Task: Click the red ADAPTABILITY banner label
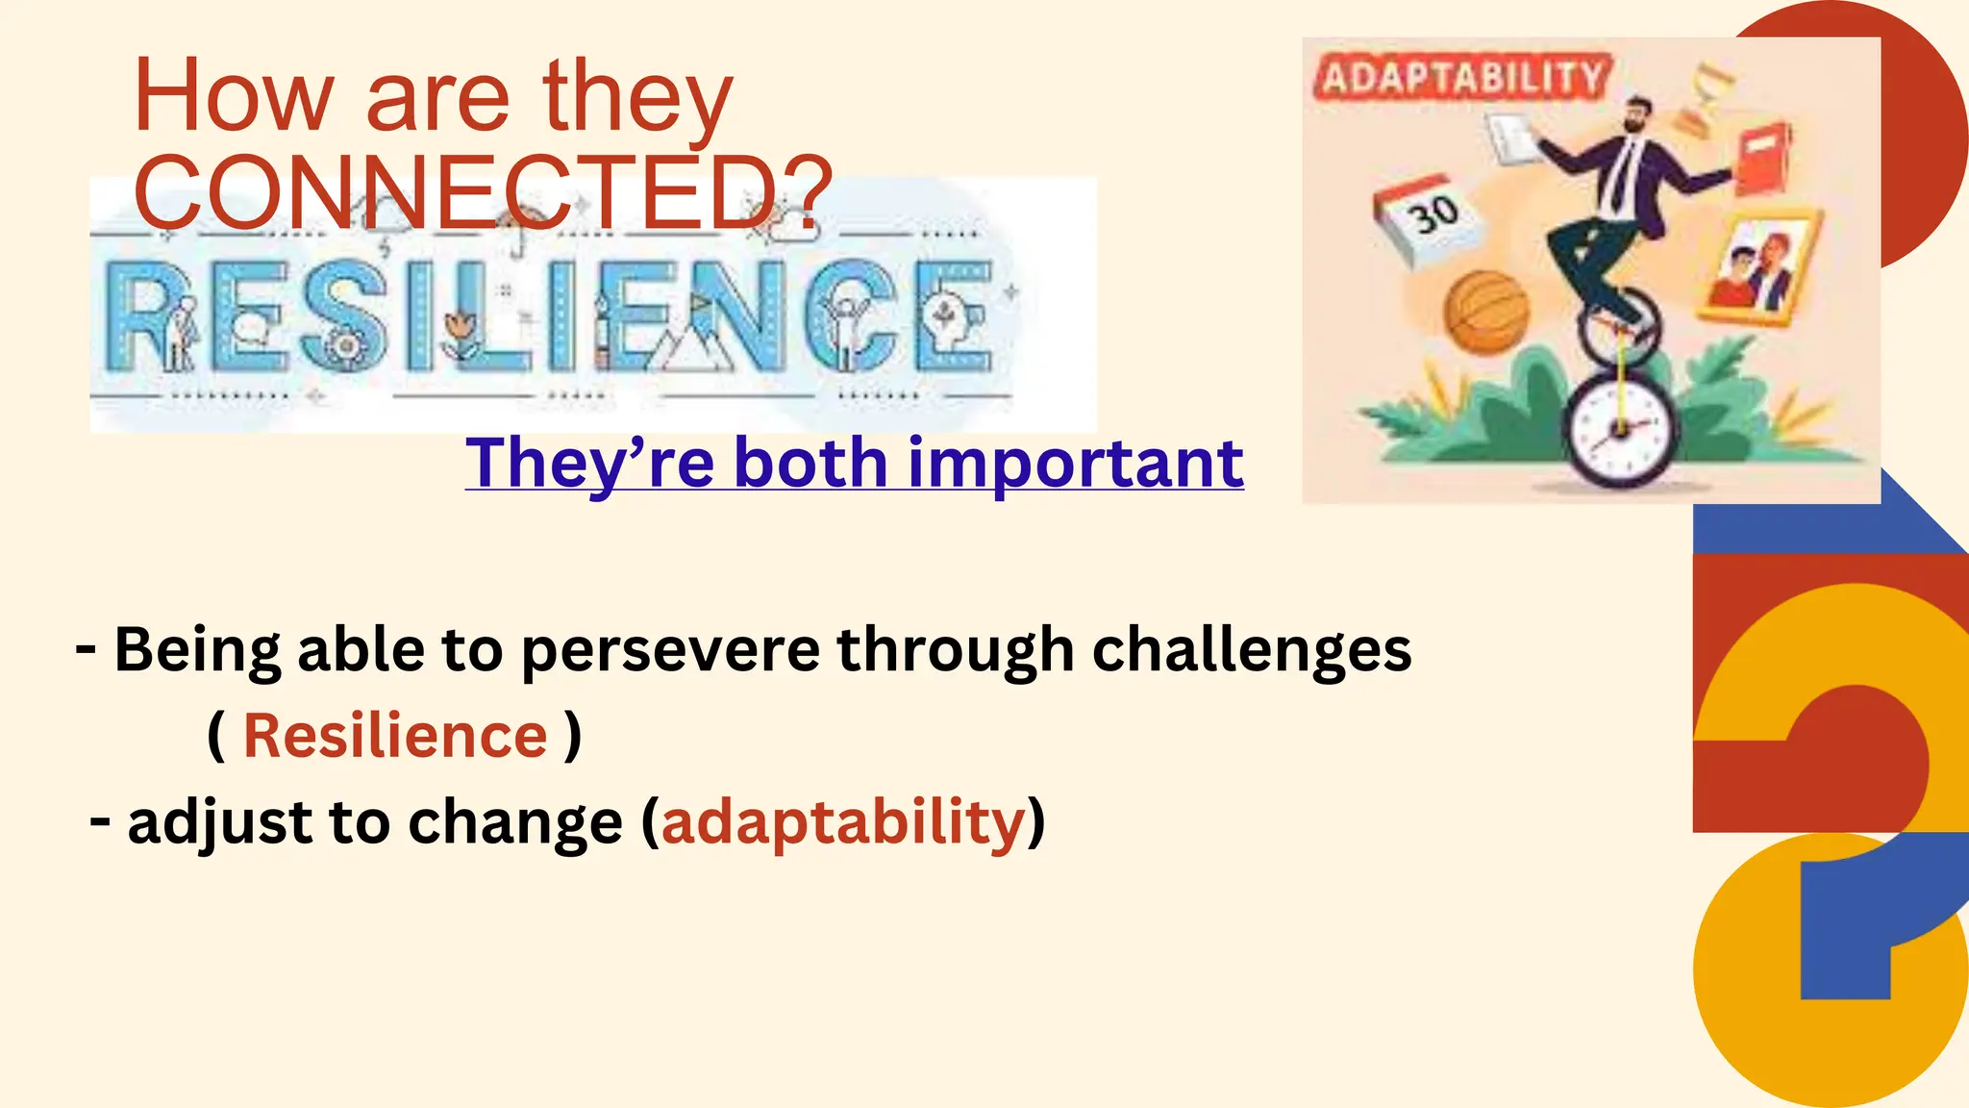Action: click(x=1462, y=77)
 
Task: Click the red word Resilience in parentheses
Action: click(x=395, y=736)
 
